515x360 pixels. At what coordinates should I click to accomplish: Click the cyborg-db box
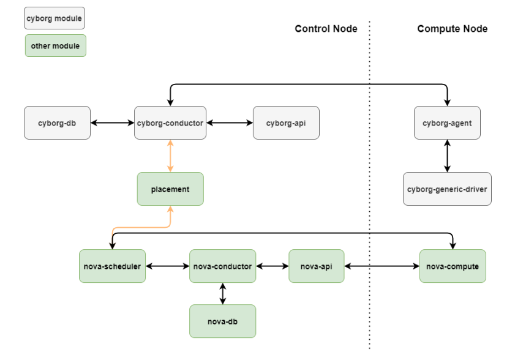(57, 123)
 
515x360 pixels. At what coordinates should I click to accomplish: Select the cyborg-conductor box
(169, 123)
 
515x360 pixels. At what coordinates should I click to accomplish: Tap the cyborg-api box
(286, 123)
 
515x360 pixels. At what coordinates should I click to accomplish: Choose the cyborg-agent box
(447, 123)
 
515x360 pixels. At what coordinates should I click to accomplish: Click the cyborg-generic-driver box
(447, 189)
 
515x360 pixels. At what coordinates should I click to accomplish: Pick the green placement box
(170, 189)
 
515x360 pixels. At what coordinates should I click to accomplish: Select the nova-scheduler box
(113, 266)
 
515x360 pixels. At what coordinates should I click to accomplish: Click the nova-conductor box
(222, 266)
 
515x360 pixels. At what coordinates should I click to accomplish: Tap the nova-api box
(317, 266)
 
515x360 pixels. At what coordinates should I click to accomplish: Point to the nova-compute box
(453, 266)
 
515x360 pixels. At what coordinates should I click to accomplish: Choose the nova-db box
(222, 321)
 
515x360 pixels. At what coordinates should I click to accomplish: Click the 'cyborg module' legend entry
(55, 18)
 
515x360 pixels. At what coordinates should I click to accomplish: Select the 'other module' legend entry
(55, 46)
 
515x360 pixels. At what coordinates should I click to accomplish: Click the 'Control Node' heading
(326, 29)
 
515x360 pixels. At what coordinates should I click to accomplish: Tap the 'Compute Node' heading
(453, 29)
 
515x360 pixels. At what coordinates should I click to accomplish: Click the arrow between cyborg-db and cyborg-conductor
(113, 123)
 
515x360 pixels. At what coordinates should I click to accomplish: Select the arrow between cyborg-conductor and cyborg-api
(229, 123)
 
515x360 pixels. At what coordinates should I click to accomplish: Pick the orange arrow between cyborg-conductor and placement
(170, 156)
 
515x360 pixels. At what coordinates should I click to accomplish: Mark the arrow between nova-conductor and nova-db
(222, 294)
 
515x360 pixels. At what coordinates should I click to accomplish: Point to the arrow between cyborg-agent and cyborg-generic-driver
(447, 156)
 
